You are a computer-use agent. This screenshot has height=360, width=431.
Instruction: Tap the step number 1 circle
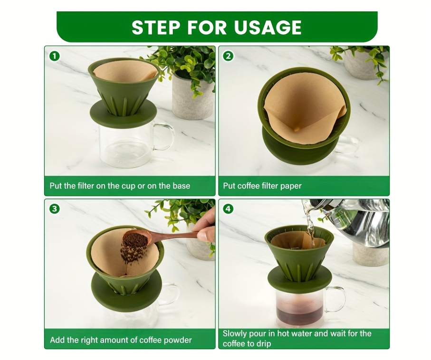tap(55, 56)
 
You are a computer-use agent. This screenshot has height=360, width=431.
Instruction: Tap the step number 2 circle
tap(229, 56)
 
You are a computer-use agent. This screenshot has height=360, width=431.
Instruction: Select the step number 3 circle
tap(55, 208)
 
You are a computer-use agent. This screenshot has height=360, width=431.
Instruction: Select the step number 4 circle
tap(229, 208)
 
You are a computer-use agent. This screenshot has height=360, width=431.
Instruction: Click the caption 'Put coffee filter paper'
tap(262, 186)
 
